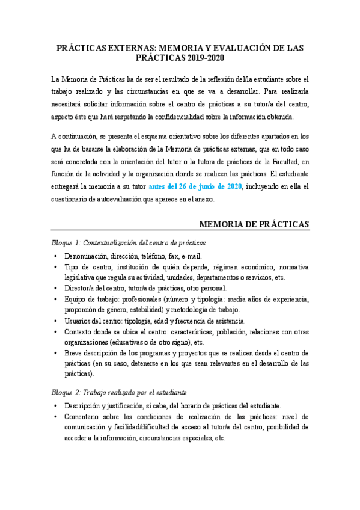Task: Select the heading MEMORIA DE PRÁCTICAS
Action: (254, 224)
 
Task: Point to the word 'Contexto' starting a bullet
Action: (80, 332)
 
